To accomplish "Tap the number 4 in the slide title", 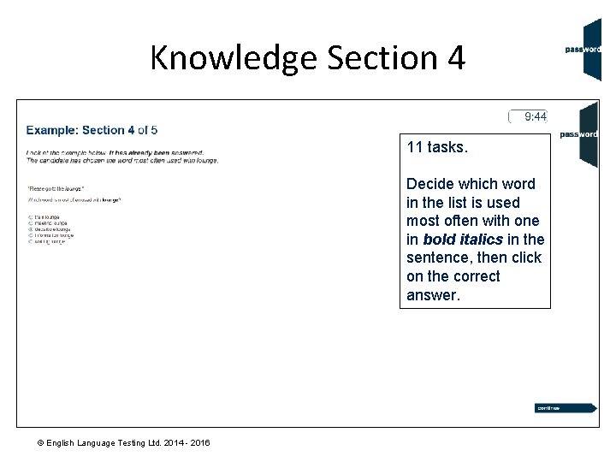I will (x=455, y=58).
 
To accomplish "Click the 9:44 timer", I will (x=536, y=116).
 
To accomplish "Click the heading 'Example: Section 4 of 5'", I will (x=92, y=130).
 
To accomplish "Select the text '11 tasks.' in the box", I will (x=437, y=147).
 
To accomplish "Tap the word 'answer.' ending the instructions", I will (x=433, y=295).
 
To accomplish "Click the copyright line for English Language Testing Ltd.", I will (x=122, y=442).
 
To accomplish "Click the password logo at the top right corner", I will (x=582, y=50).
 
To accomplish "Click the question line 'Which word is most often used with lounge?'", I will (x=74, y=200).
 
